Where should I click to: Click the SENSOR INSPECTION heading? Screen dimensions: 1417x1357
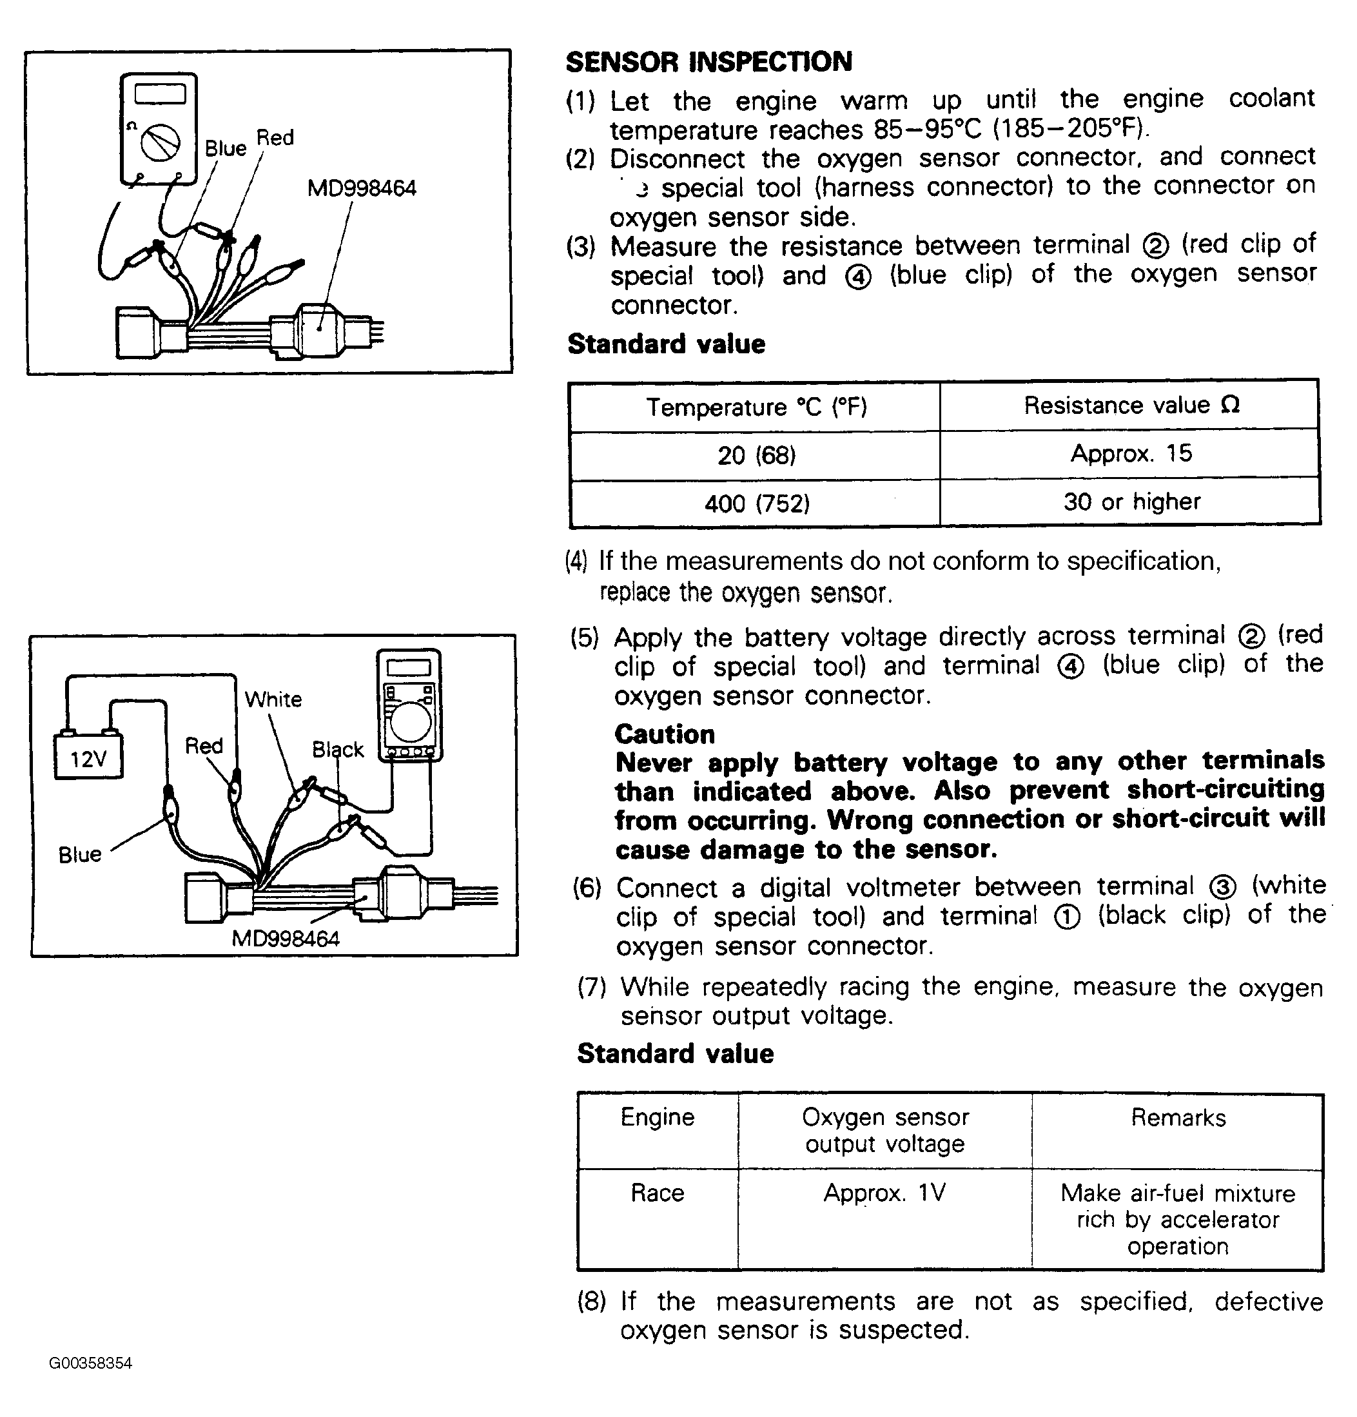click(708, 62)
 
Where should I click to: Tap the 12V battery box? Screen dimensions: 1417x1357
click(88, 757)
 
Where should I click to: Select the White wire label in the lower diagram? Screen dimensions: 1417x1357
click(273, 699)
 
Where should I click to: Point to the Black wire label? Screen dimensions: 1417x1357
click(338, 749)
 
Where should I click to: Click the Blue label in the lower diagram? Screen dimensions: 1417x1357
click(79, 855)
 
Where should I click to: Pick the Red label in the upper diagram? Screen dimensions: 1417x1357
click(275, 137)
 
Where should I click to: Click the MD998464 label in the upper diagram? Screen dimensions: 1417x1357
click(362, 189)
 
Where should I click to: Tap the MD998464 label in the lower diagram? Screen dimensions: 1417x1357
click(285, 939)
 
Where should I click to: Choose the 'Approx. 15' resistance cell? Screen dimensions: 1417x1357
click(1131, 453)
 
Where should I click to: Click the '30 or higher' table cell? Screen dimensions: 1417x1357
click(1131, 502)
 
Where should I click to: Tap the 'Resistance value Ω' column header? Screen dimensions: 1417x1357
click(1131, 406)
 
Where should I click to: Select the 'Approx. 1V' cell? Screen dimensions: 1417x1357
click(884, 1193)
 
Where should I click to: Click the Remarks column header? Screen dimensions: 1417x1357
click(1178, 1119)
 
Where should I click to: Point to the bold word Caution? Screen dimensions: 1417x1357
click(665, 734)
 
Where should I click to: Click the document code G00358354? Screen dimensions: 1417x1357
click(90, 1363)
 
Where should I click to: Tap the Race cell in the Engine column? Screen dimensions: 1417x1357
click(656, 1193)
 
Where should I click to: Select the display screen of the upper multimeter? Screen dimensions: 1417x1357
click(160, 94)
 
